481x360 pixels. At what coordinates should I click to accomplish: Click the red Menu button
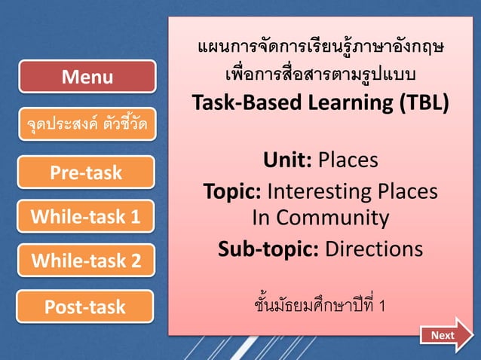(x=87, y=77)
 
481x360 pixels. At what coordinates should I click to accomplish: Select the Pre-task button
(x=86, y=172)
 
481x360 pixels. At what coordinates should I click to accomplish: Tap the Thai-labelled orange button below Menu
(x=84, y=123)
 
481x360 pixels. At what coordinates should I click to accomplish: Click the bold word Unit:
(x=287, y=160)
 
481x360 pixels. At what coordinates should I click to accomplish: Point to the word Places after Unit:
(x=348, y=160)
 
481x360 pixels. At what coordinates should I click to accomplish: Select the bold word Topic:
(x=232, y=191)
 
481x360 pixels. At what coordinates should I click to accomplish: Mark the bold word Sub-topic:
(x=268, y=249)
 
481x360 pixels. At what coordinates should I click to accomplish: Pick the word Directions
(x=374, y=249)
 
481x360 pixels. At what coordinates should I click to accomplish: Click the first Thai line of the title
(x=320, y=50)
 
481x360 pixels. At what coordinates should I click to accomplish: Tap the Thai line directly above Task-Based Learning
(x=320, y=75)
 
